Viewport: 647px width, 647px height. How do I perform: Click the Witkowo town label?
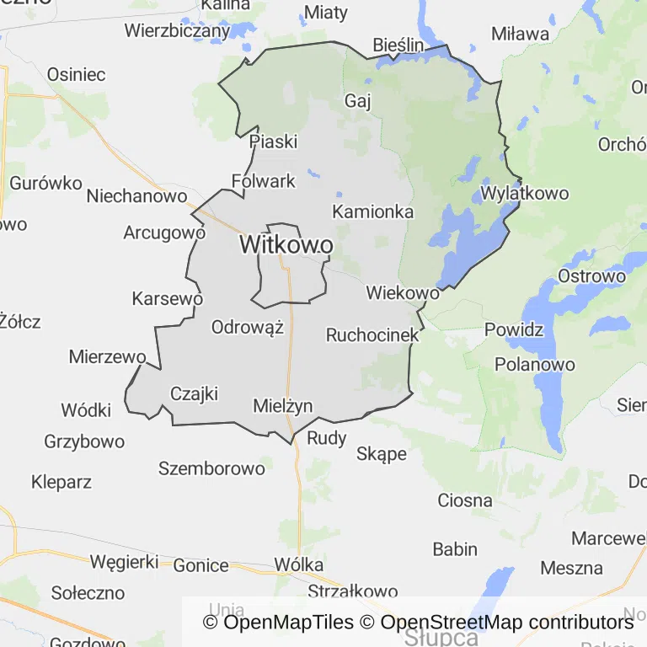[x=286, y=245]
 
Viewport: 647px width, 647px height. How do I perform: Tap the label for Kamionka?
[x=372, y=211]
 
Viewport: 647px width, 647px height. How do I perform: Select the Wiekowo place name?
[x=403, y=293]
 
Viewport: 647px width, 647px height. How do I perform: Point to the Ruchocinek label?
[x=372, y=335]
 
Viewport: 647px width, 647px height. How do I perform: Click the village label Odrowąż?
[x=248, y=328]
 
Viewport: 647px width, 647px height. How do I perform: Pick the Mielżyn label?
[x=283, y=406]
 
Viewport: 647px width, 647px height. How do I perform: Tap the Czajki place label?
[x=194, y=393]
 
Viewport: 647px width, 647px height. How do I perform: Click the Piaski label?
[x=273, y=142]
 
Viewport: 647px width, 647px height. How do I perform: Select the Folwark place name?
[x=264, y=181]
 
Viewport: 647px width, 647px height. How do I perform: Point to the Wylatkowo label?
[x=524, y=194]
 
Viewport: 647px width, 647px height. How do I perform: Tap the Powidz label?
[x=514, y=329]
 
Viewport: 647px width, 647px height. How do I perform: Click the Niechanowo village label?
[x=136, y=196]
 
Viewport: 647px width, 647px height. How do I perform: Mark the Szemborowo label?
[x=211, y=468]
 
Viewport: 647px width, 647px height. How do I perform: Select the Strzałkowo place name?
[x=351, y=591]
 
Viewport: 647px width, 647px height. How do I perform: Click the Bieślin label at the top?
[x=398, y=45]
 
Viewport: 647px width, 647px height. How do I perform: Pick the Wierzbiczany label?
[x=177, y=31]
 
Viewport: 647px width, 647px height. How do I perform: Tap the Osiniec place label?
[x=76, y=74]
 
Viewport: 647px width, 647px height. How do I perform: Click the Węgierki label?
[x=124, y=561]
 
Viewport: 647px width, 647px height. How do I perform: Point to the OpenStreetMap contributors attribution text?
[x=507, y=623]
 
